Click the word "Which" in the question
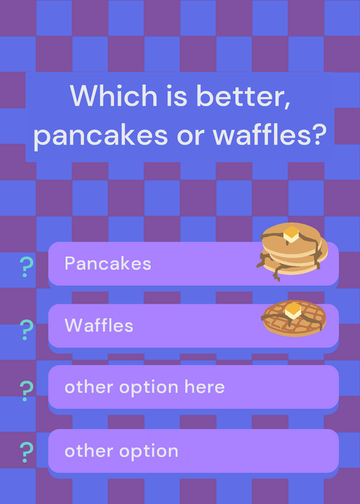click(x=113, y=96)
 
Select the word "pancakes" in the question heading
click(x=101, y=135)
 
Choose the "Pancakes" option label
click(x=108, y=263)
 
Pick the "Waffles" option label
click(x=99, y=325)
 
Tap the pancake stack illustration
click(x=292, y=251)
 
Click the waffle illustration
click(x=293, y=318)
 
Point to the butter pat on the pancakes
click(x=292, y=234)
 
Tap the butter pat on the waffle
click(x=293, y=310)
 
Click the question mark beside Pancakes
click(x=26, y=267)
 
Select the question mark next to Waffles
click(x=26, y=329)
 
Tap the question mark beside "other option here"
click(x=26, y=391)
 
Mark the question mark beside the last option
click(x=26, y=452)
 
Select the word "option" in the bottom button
click(x=149, y=452)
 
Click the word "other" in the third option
click(x=89, y=387)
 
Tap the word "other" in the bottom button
click(x=89, y=450)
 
